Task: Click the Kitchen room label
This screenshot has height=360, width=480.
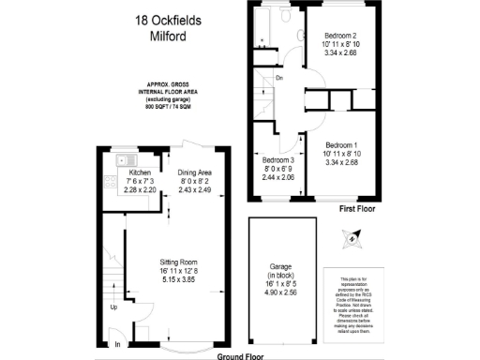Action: coord(140,172)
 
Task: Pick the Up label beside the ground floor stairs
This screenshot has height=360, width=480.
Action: coord(114,307)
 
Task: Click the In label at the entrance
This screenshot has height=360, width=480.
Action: coord(117,345)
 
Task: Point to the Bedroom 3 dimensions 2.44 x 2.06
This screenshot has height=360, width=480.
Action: coord(278,177)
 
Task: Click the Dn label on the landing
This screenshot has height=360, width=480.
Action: coord(279,78)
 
